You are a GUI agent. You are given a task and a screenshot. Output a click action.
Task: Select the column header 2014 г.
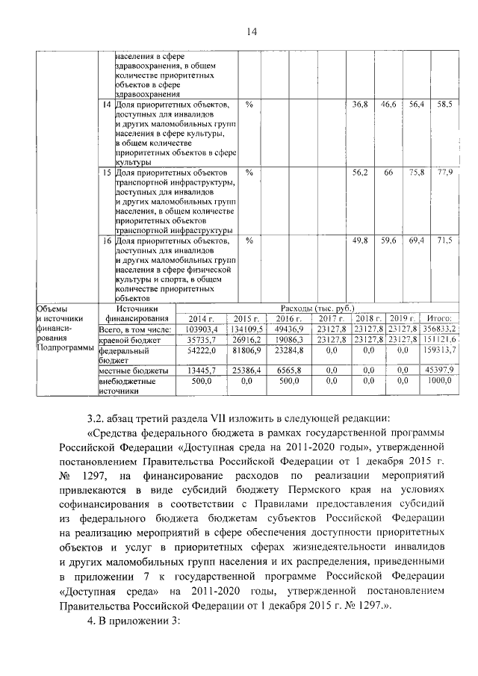point(201,319)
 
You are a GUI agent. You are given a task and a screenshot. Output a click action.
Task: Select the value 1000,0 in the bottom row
point(443,381)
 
